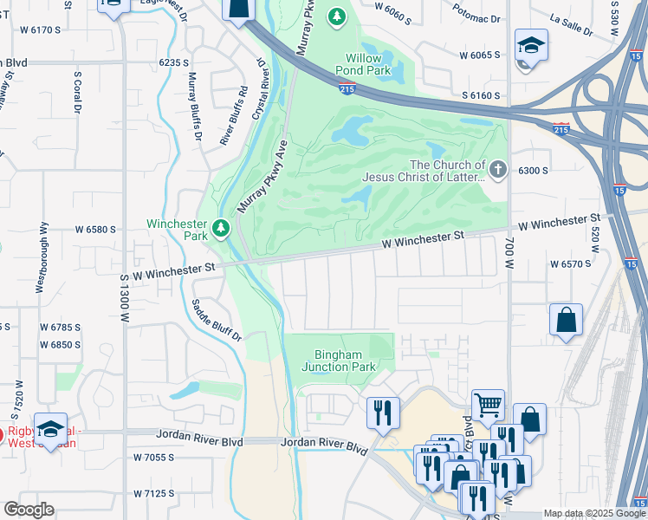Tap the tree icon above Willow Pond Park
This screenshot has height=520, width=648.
pyautogui.click(x=337, y=16)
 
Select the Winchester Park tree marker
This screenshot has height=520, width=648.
pyautogui.click(x=222, y=228)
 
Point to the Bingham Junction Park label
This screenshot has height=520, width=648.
pyautogui.click(x=339, y=360)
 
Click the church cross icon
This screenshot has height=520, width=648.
pyautogui.click(x=497, y=170)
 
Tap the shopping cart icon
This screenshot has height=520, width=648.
pyautogui.click(x=488, y=404)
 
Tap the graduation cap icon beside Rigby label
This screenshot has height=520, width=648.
pyautogui.click(x=51, y=429)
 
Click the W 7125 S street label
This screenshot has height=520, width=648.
pyautogui.click(x=153, y=493)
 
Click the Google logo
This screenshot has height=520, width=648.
pyautogui.click(x=29, y=510)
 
